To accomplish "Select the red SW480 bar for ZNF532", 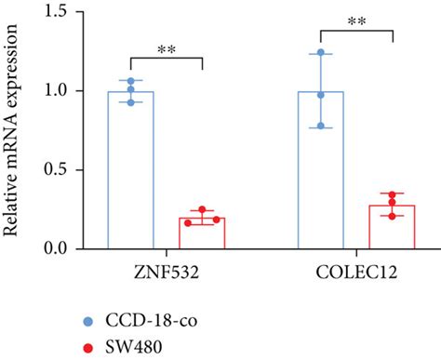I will (x=202, y=233).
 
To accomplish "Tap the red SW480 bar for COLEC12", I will (x=392, y=227).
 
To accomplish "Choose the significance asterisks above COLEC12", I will (x=356, y=20).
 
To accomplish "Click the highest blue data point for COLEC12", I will (x=321, y=52).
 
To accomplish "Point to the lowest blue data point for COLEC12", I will (x=321, y=127).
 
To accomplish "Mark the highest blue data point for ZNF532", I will (x=131, y=81).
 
